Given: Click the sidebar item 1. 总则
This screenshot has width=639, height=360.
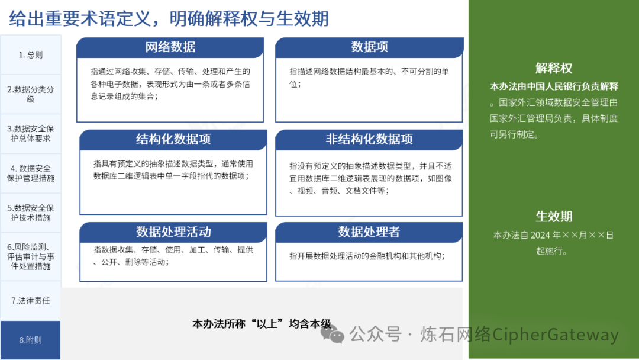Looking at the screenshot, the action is tap(31, 54).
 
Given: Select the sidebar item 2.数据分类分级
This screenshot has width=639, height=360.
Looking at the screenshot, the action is tap(31, 94).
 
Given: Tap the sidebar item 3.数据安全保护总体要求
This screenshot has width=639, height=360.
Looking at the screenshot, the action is tap(31, 134).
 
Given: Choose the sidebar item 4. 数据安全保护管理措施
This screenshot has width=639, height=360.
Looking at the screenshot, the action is tap(31, 173).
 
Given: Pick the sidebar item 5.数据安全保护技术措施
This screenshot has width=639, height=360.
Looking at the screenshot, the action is tap(31, 213).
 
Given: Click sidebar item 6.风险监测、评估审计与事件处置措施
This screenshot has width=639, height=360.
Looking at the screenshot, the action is tap(31, 257).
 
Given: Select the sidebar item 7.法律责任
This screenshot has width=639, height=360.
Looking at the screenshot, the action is tap(31, 301).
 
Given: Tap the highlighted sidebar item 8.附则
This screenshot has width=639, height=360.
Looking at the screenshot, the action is tap(31, 340).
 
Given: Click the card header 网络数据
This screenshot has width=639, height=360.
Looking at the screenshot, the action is tap(170, 47).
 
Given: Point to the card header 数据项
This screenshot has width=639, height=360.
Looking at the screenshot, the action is tap(369, 47).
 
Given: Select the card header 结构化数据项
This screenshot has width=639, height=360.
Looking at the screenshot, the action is tap(173, 139).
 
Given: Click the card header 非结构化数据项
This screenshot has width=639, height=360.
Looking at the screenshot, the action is tap(369, 139).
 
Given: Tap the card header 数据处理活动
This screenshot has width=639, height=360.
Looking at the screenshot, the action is tap(173, 232).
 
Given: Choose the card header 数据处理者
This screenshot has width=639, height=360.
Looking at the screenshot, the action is tap(369, 232).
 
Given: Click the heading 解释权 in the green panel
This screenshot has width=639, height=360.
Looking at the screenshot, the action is tap(554, 68).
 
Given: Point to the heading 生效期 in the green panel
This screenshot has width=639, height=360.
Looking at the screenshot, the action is tap(554, 217).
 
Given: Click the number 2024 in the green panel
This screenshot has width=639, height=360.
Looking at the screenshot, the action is tap(540, 235).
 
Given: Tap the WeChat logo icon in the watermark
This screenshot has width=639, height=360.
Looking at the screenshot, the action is tap(333, 333).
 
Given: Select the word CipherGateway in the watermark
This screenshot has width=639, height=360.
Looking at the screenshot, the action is tap(556, 335).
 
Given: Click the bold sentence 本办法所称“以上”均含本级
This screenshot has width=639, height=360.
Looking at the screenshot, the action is tap(262, 324).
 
